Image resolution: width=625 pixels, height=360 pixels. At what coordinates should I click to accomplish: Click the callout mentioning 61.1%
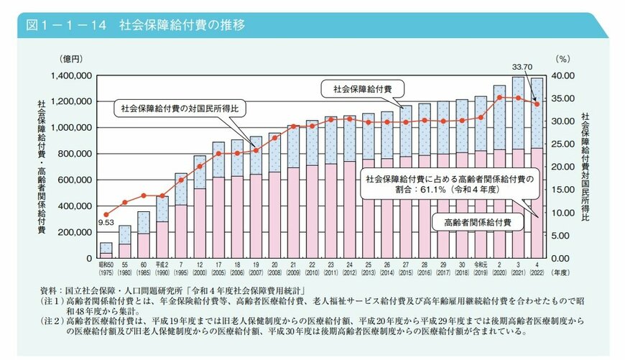tap(449, 186)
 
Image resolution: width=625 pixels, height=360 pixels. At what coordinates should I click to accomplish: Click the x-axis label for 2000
tap(199, 269)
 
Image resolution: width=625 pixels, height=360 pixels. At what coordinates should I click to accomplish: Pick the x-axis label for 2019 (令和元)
tap(481, 269)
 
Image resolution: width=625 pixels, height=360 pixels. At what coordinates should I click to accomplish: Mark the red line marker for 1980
tap(124, 203)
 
